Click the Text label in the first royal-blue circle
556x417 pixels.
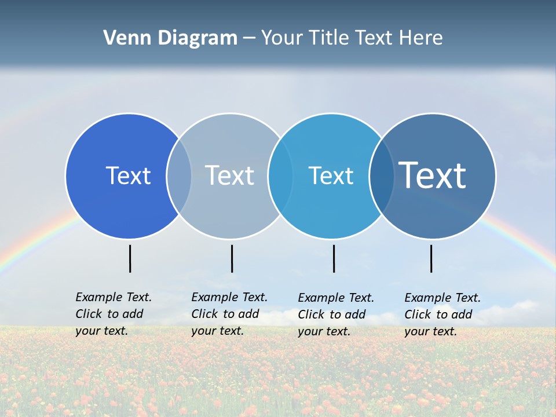pos(128,175)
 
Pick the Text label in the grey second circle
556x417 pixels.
pos(229,175)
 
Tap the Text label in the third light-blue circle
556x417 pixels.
pos(331,175)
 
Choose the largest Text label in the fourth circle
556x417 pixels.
pos(432,175)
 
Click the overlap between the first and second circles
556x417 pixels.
pos(179,176)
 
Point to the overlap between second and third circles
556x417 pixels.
pos(280,176)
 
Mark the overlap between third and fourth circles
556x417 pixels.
pos(381,176)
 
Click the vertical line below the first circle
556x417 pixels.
pos(130,258)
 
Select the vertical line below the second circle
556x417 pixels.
pos(232,258)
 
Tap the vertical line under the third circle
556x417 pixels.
pos(334,258)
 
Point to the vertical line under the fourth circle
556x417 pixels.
pos(431,258)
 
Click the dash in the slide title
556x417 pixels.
pos(249,38)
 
